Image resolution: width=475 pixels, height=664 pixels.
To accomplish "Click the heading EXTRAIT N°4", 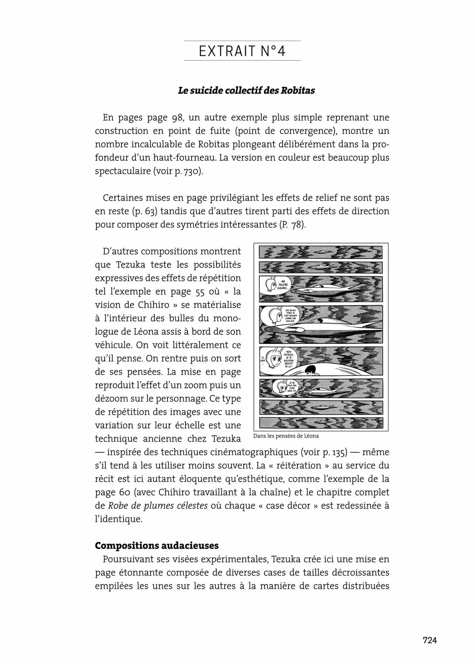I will coord(242,51).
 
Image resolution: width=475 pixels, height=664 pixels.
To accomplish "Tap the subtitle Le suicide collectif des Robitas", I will coord(246,91).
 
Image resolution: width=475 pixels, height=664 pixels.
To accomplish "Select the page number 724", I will coord(429,640).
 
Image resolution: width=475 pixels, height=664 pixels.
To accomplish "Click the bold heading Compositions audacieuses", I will coord(157,545).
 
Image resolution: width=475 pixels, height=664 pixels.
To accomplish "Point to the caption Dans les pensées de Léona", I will coord(285,436).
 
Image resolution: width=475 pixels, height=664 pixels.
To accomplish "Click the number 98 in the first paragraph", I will coord(177,117).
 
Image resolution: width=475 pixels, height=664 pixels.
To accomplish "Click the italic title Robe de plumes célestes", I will coord(158,506).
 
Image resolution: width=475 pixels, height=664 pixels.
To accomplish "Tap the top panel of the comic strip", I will coord(321,252).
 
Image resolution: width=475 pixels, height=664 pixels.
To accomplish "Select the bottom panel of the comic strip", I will coord(321,423).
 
